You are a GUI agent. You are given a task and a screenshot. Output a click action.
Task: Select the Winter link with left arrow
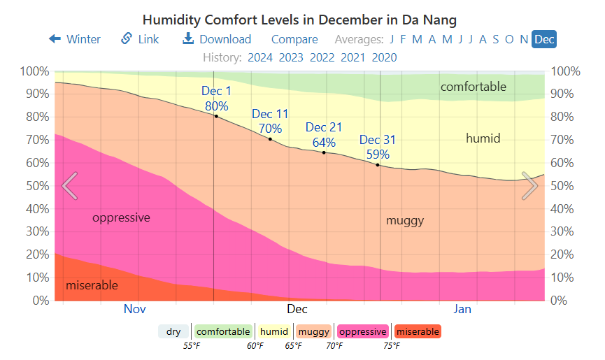(x=75, y=39)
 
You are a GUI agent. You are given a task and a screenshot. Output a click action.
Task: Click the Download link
(x=217, y=39)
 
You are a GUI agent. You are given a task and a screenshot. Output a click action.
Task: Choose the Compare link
(x=294, y=39)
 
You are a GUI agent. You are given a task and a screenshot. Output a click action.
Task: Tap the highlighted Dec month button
(x=544, y=39)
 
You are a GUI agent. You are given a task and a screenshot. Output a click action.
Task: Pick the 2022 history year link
(x=322, y=57)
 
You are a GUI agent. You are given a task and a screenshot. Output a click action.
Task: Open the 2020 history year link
(x=384, y=57)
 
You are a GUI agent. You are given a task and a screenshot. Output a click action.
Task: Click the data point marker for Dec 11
(x=270, y=139)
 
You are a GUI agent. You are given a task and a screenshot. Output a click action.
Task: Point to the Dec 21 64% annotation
(x=324, y=135)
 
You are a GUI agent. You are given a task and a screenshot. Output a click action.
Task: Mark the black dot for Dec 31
(x=378, y=165)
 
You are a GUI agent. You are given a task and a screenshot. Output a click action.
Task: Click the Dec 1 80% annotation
(x=216, y=99)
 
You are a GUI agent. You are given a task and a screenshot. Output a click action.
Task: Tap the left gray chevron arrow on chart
(x=69, y=186)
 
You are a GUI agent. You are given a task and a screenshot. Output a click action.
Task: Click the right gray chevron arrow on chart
(x=529, y=186)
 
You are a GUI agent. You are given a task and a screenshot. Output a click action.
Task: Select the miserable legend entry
(x=418, y=332)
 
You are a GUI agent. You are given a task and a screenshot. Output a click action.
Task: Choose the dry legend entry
(x=173, y=332)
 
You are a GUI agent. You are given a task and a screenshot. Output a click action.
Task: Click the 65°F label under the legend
(x=293, y=346)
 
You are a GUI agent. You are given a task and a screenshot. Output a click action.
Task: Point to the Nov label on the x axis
(x=135, y=309)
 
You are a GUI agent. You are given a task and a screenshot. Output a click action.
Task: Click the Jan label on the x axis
(x=462, y=309)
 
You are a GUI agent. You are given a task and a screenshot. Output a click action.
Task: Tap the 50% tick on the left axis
(x=34, y=186)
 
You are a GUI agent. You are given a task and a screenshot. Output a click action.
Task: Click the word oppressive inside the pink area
(x=121, y=217)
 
